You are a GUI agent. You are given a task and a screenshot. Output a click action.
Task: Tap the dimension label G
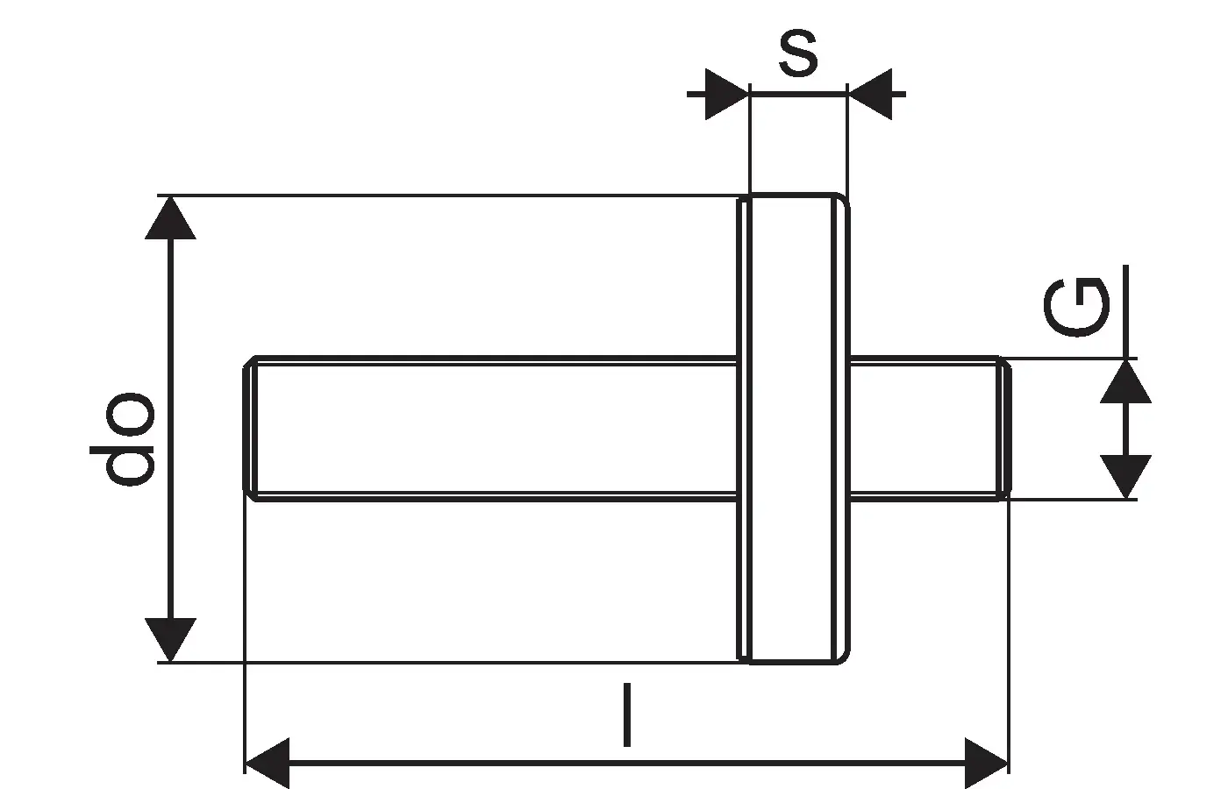[1076, 309]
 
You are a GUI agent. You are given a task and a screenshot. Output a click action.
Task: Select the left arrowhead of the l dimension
[267, 763]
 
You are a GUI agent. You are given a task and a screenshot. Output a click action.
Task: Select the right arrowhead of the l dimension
[986, 763]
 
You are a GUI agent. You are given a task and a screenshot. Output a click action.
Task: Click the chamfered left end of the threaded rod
[250, 429]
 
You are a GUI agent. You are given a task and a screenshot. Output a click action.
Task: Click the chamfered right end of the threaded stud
[1004, 429]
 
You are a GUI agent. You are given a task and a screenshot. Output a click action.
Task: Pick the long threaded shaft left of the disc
[491, 429]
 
